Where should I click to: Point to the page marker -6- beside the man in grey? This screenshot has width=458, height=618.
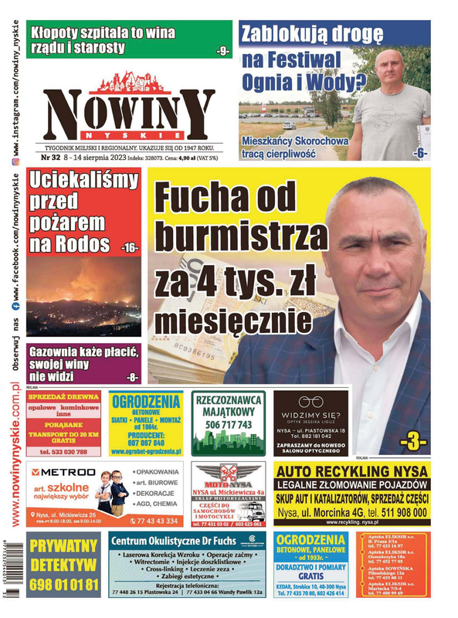tap(420, 153)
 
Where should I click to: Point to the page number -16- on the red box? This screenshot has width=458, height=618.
tap(128, 247)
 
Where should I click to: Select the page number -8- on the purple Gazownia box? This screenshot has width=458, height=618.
tap(133, 377)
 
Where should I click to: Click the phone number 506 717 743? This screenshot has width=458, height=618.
tap(228, 424)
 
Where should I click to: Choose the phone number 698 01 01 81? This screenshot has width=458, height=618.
tap(63, 585)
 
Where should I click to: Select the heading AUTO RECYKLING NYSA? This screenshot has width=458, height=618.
tap(351, 470)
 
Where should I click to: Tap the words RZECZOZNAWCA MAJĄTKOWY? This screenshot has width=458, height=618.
tap(228, 406)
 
